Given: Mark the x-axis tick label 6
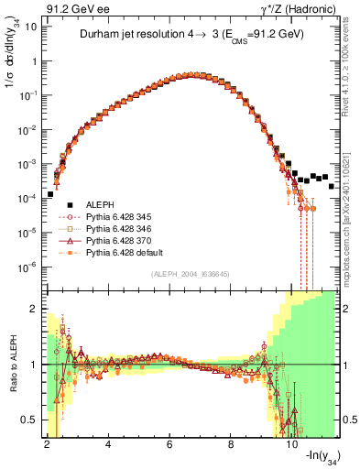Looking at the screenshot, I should pos(170,442).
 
